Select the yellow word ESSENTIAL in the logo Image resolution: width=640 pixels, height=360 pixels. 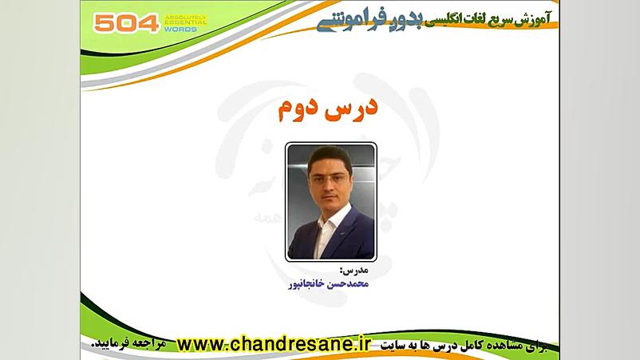[184, 23]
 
